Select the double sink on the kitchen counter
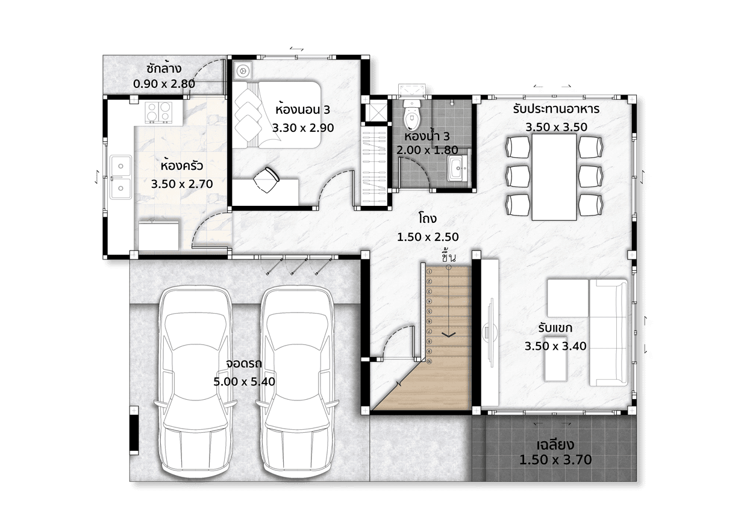tap(120, 177)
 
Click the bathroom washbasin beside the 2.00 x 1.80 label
tap(457, 169)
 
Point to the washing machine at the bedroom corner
tap(242, 70)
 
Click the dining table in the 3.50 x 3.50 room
tap(554, 177)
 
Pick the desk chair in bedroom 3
tap(266, 179)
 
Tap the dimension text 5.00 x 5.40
tap(245, 381)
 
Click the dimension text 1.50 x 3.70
tap(555, 459)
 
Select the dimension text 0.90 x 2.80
tap(164, 84)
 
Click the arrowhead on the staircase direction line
tap(449, 334)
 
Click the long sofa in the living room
tap(608, 332)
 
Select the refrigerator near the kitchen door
tap(158, 235)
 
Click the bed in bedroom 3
tap(277, 114)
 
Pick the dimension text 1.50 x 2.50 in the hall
tap(428, 237)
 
